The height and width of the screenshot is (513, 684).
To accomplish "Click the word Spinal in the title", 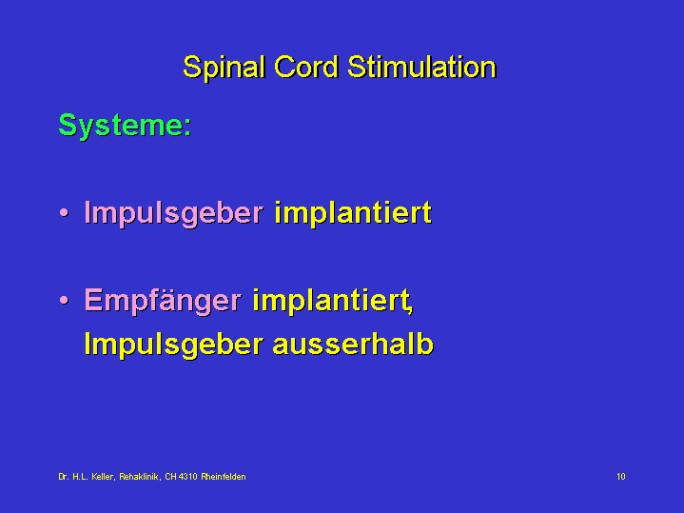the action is point(225,68).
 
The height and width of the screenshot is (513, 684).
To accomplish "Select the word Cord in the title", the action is point(306,67).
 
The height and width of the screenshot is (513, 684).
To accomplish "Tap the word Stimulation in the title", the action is point(421,67).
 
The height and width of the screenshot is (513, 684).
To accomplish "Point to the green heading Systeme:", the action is point(126,126).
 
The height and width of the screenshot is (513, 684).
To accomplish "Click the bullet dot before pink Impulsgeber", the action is point(64,212).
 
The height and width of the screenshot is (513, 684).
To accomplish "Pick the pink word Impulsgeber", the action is point(174,213).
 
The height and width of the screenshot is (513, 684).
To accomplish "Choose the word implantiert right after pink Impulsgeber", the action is point(353,213).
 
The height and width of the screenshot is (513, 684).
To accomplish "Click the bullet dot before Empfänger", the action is point(64,300).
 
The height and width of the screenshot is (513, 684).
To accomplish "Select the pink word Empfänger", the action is point(163,301).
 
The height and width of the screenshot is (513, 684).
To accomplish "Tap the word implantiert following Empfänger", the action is point(332,301).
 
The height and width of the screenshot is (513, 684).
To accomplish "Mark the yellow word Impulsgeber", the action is point(174,345).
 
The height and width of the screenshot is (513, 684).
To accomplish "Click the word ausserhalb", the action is point(353,344).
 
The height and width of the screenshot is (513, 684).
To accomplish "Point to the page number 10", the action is point(621,476).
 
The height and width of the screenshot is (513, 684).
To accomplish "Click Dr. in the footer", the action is point(63,477).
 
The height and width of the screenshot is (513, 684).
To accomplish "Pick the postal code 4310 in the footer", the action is point(188,477).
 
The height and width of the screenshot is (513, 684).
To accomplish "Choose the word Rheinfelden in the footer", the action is point(224,477).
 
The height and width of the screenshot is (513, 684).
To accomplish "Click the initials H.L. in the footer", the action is point(80,477).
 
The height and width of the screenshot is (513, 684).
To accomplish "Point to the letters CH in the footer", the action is point(170,477).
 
